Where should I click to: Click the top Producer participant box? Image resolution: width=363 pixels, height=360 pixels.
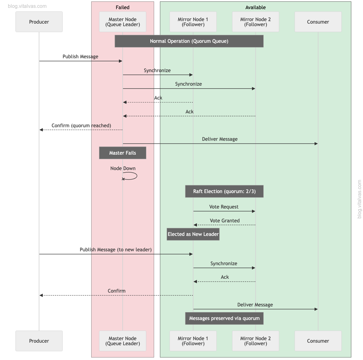coord(39,22)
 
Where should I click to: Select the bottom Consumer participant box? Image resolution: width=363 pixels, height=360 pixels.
coord(318,341)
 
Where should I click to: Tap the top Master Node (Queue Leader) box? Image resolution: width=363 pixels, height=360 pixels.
coord(122,22)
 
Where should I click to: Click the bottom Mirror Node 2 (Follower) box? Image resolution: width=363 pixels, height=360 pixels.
coord(255,341)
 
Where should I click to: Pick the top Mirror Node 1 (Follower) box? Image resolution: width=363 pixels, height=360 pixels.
coord(193,22)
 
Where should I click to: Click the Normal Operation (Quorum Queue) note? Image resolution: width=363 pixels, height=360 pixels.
coord(189,41)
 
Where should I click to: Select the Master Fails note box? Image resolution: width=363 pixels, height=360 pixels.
coord(122,153)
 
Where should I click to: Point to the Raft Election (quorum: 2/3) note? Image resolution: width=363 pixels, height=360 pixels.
coord(224,191)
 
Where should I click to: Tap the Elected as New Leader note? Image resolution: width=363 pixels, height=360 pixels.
coord(193,234)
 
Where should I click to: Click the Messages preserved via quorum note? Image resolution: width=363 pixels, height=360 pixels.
coord(224,318)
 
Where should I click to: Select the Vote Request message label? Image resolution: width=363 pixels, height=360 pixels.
coord(224,207)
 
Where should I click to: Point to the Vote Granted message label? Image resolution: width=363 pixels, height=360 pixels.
coord(225,220)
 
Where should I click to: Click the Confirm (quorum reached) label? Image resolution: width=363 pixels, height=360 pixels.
coord(81,125)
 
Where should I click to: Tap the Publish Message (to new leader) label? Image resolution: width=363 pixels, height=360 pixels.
coord(115,249)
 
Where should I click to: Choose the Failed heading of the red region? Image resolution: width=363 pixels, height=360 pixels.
coord(122,7)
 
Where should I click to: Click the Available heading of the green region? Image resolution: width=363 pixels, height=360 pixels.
coord(255,7)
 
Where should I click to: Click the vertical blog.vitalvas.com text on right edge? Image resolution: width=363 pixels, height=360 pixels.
coord(360,199)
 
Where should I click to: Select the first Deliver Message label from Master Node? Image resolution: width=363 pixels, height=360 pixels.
coord(220,139)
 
